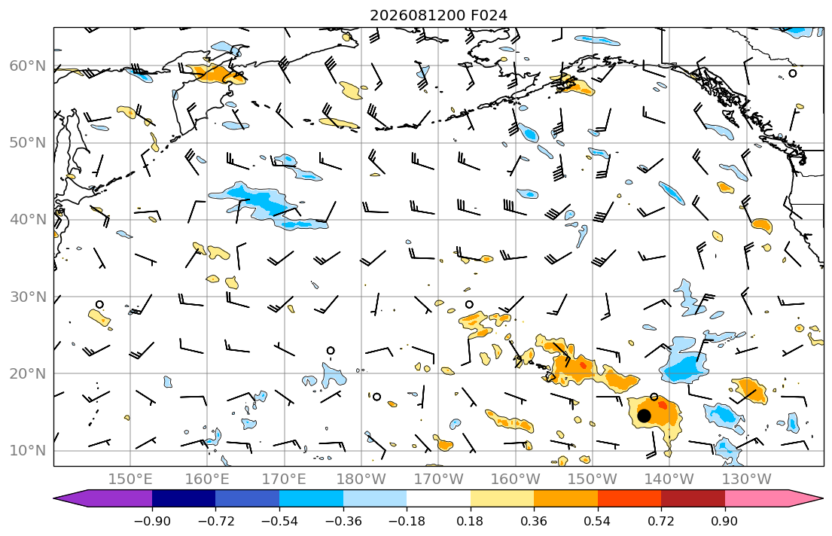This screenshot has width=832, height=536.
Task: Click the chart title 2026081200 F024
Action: tap(438, 15)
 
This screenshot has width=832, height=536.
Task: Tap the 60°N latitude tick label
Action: tap(28, 65)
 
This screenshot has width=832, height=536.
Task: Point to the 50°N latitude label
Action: tap(28, 143)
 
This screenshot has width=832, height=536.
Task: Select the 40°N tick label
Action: tap(28, 220)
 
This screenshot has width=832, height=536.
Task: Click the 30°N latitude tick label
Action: tap(28, 297)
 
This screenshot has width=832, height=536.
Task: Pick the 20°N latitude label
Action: tap(28, 373)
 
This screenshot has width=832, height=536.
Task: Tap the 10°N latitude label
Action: tap(28, 451)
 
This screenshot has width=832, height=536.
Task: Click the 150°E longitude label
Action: tap(130, 480)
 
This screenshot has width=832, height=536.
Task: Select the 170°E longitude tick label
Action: tap(284, 480)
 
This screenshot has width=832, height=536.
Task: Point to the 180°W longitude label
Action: tap(361, 480)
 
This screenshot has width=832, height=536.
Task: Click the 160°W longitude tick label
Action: tap(515, 480)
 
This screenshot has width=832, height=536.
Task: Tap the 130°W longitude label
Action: tap(747, 480)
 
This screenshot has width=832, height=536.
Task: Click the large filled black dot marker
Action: tap(644, 416)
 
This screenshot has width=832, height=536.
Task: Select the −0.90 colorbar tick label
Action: tap(152, 521)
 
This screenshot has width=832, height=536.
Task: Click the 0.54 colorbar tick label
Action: tap(598, 521)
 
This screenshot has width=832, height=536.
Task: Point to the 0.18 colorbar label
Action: tap(470, 521)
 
